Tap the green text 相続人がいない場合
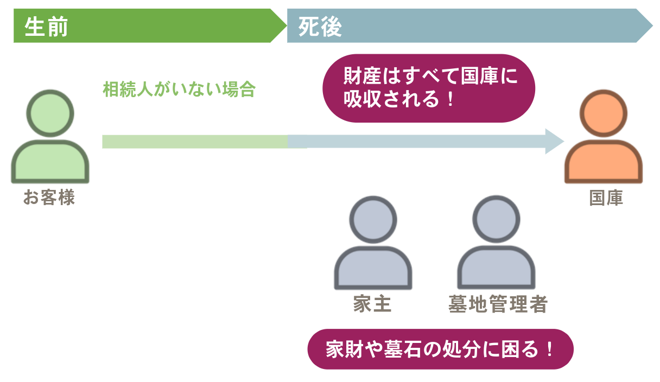coord(179,90)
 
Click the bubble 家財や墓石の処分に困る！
coord(440,349)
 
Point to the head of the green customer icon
coord(50,113)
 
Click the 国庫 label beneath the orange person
coord(606,198)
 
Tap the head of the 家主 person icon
coord(373,219)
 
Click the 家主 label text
coord(372,304)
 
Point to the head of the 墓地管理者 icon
coord(496,219)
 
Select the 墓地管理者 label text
coord(498,304)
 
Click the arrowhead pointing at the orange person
coord(555,142)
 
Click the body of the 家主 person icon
coord(373,269)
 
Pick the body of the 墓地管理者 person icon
coord(496,269)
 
